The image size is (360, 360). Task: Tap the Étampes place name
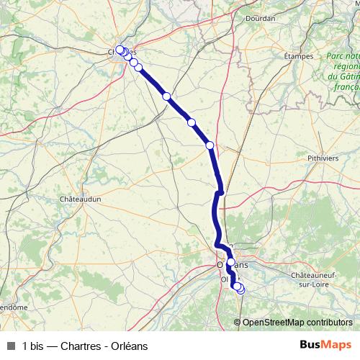click(300, 55)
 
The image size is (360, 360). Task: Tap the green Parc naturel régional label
click(342, 71)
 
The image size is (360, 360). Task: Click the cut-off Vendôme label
click(13, 307)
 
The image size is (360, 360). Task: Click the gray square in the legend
click(10, 346)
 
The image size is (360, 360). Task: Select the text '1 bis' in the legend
click(34, 346)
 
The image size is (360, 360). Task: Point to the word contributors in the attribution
click(328, 322)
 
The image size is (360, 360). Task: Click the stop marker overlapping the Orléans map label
click(230, 262)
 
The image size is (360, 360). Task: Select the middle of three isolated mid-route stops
click(192, 122)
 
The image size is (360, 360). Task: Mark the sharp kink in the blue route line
click(221, 192)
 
